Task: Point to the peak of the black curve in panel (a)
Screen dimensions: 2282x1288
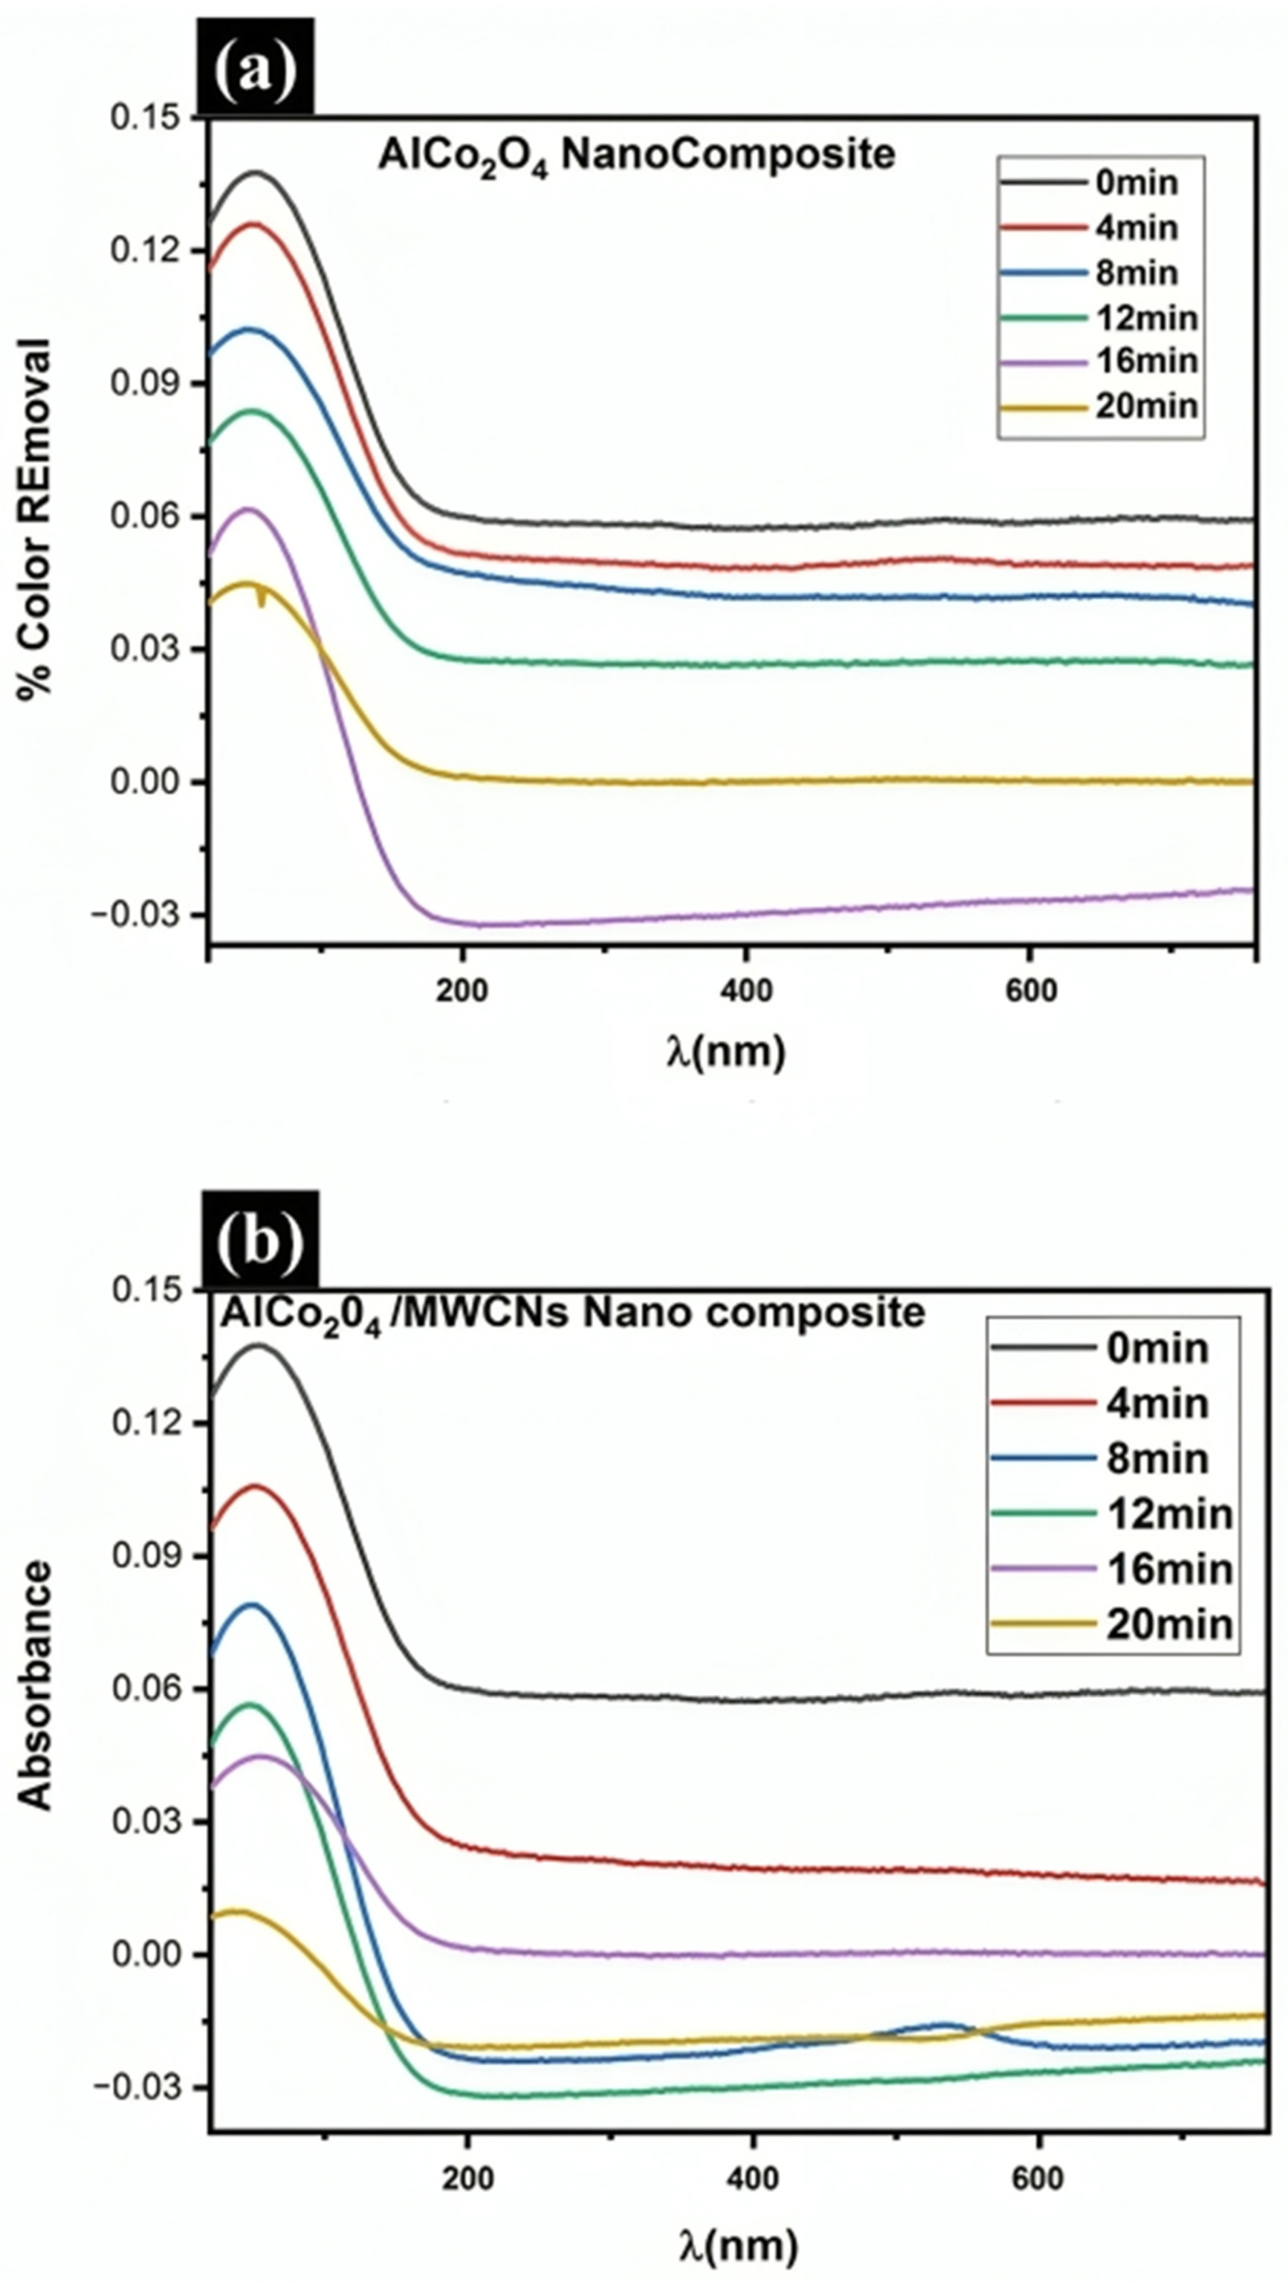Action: tap(257, 173)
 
